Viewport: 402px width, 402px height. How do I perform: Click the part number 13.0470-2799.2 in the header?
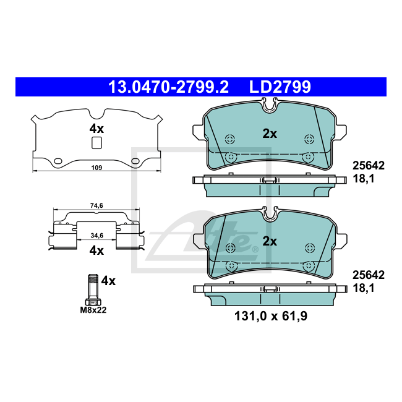point(168,87)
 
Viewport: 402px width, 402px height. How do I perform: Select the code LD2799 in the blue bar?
point(280,87)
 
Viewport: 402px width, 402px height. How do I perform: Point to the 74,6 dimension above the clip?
point(96,206)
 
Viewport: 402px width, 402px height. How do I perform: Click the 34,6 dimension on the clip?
point(96,236)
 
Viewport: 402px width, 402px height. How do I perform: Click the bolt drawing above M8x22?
point(92,289)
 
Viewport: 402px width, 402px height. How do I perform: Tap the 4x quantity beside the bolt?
point(108,281)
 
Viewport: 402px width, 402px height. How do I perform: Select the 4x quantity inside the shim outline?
point(96,129)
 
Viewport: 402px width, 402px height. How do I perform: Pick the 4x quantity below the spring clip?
point(96,250)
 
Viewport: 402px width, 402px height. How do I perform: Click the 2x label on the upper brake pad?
point(270,134)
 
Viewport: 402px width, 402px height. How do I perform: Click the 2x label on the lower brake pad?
point(270,241)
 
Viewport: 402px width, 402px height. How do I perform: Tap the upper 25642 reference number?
point(369,166)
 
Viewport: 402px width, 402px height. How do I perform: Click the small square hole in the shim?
point(96,143)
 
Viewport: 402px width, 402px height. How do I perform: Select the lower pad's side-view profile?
point(270,292)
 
